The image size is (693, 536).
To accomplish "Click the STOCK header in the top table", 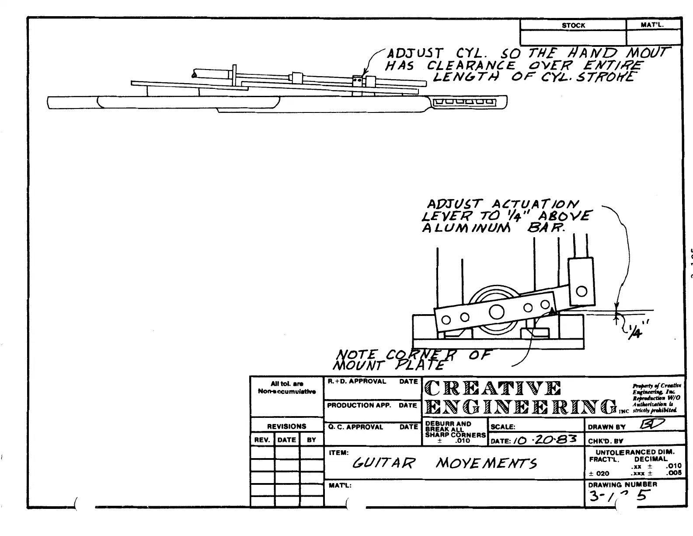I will click(x=573, y=25).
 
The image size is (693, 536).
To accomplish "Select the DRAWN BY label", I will click(x=606, y=427).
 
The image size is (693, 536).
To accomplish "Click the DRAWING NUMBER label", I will click(x=622, y=484).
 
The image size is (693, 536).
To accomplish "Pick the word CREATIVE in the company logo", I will click(x=492, y=388).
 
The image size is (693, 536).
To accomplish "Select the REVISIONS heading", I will click(x=287, y=426).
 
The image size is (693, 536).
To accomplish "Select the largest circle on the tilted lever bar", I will click(x=497, y=312).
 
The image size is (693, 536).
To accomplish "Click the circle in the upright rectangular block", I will click(x=582, y=291).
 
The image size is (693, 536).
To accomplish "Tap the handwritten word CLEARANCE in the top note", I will click(x=471, y=66).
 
